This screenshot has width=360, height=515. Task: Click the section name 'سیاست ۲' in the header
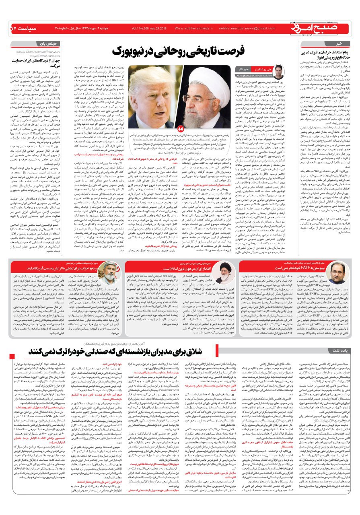[x=19, y=29]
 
